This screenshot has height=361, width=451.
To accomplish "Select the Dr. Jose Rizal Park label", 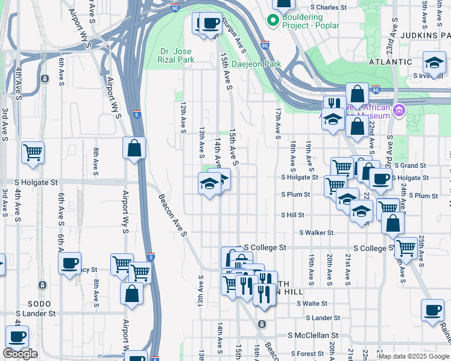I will click(x=177, y=55).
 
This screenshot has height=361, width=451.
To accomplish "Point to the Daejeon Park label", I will click(x=256, y=64).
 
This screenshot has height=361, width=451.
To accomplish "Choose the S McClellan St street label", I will click(x=314, y=335).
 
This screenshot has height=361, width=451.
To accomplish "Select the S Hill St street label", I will click(x=292, y=215).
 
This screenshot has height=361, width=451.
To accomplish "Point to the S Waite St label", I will click(x=312, y=304).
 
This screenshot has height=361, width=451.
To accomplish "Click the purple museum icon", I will click(x=399, y=111).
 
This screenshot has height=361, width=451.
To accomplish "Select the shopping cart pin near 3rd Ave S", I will click(x=33, y=152).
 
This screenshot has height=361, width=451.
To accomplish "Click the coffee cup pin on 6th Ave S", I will click(x=70, y=262).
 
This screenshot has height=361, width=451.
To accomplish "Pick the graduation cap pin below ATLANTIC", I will click(x=434, y=62).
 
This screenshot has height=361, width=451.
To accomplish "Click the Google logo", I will click(x=20, y=354).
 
